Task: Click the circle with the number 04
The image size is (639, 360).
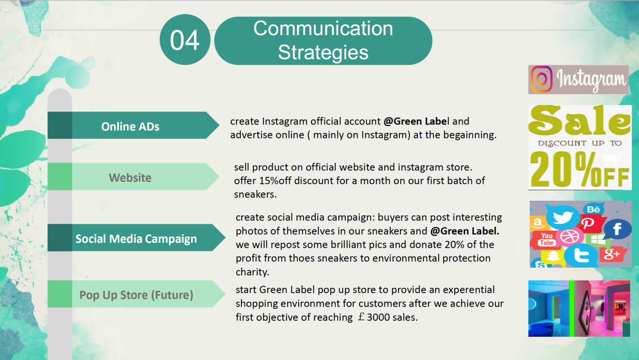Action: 185,39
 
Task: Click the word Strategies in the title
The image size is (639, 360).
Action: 323,52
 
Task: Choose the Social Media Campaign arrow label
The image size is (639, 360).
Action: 136,238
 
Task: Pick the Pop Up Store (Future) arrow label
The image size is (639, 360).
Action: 136,294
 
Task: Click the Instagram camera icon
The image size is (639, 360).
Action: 541,79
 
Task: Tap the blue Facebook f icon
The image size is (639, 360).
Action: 617,229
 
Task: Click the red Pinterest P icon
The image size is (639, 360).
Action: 588,223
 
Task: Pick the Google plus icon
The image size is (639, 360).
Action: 612,254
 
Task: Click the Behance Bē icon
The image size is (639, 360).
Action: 594,209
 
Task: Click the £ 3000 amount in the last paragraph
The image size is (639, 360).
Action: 374,317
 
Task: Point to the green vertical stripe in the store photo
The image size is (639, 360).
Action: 572,308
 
